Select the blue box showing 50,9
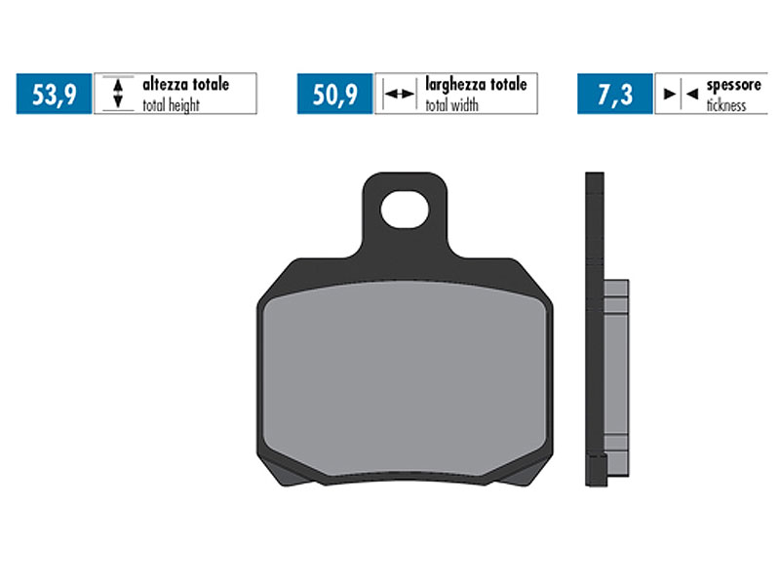(334, 94)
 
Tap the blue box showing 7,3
(614, 94)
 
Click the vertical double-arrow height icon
(117, 94)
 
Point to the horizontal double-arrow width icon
(398, 95)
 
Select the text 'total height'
(172, 104)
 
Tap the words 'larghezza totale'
(475, 85)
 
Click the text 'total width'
(451, 104)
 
